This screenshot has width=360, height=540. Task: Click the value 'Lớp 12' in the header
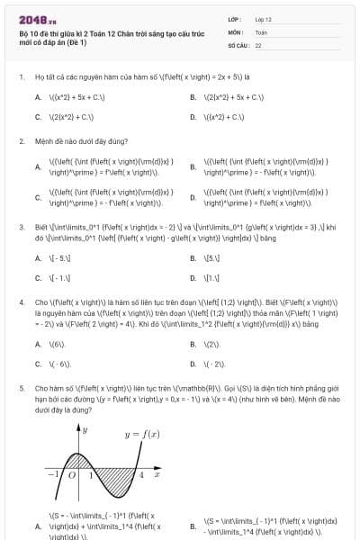point(263,19)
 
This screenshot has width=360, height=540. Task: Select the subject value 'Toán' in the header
point(261,31)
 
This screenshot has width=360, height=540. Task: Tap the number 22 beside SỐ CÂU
point(258,44)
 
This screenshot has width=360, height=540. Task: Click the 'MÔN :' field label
point(236,31)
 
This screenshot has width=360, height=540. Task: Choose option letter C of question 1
point(38,117)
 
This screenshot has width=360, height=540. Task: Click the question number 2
point(22,141)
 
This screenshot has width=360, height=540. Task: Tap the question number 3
point(22,228)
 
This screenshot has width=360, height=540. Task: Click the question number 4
point(22,303)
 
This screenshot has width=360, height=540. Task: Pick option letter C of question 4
point(38,364)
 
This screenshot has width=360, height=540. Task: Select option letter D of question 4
point(193,364)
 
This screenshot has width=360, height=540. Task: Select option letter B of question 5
point(193,526)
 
